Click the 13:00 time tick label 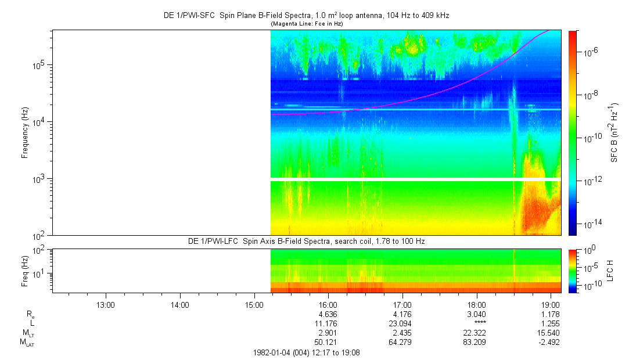[105, 304]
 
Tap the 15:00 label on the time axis [254, 304]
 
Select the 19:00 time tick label [551, 304]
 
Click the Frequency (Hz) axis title [26, 133]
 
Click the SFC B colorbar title [614, 133]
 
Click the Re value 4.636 [328, 314]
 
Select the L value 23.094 [402, 323]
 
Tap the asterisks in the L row [477, 323]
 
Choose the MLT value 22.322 [477, 332]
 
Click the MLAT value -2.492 [550, 341]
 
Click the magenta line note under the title [306, 23]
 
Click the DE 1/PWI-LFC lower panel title [306, 241]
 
